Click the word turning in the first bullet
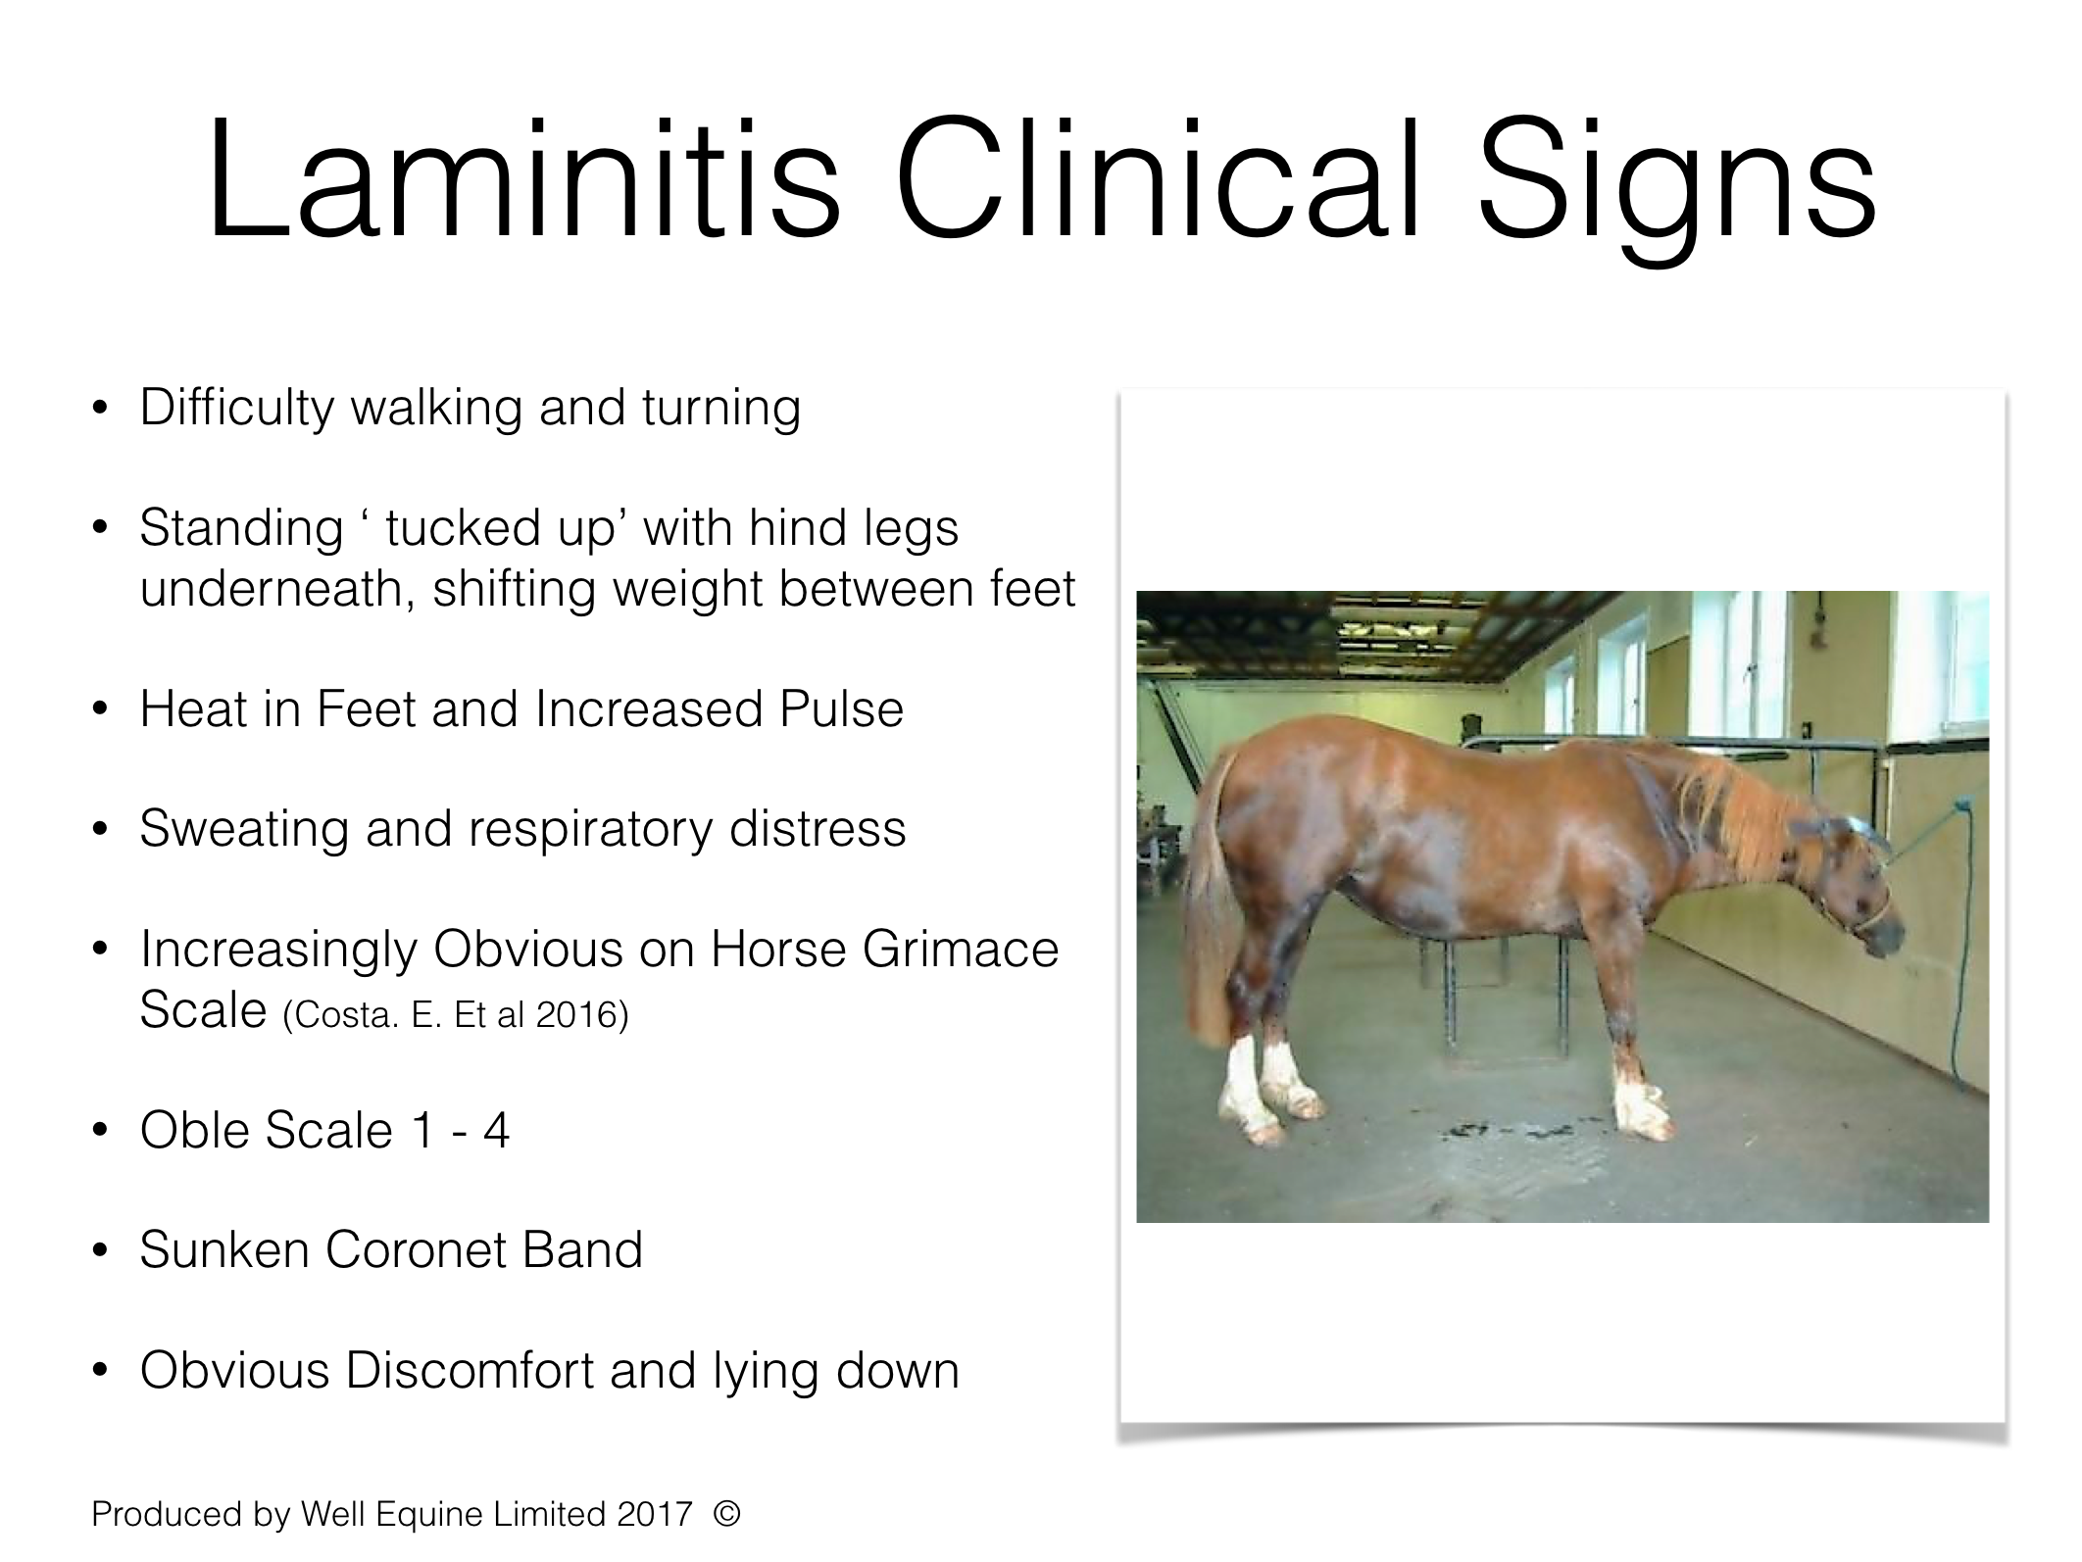pyautogui.click(x=721, y=408)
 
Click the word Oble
pyautogui.click(x=194, y=1130)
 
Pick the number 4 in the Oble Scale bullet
pyautogui.click(x=496, y=1131)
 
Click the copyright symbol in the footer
pyautogui.click(x=726, y=1514)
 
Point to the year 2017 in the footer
pyautogui.click(x=655, y=1515)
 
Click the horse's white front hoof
pyautogui.click(x=1637, y=1112)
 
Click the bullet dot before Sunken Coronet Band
pyautogui.click(x=98, y=1251)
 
